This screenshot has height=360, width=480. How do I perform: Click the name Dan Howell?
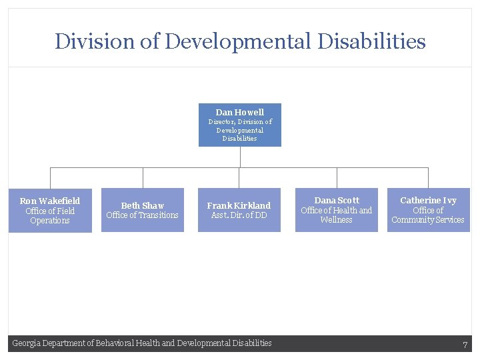pyautogui.click(x=239, y=113)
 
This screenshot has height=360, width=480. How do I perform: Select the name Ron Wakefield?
pyautogui.click(x=50, y=201)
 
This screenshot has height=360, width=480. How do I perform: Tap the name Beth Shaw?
pyautogui.click(x=143, y=205)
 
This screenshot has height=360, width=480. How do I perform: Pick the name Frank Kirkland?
pyautogui.click(x=239, y=205)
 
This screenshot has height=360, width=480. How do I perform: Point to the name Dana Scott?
pyautogui.click(x=337, y=200)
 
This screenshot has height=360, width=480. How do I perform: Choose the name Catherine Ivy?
pyautogui.click(x=428, y=200)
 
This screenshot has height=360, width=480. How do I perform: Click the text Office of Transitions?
pyautogui.click(x=143, y=215)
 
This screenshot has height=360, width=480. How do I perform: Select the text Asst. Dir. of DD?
pyautogui.click(x=239, y=215)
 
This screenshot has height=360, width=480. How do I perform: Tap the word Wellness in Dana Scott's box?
pyautogui.click(x=337, y=220)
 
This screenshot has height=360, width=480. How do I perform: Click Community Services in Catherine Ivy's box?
pyautogui.click(x=428, y=220)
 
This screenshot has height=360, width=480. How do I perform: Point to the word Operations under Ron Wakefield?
pyautogui.click(x=50, y=221)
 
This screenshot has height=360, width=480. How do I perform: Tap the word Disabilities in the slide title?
pyautogui.click(x=371, y=41)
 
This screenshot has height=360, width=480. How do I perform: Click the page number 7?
pyautogui.click(x=465, y=345)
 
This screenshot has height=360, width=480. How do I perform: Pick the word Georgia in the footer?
pyautogui.click(x=27, y=343)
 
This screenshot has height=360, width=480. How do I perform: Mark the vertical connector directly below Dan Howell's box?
pyautogui.click(x=240, y=157)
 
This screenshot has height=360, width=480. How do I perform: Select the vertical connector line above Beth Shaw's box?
pyautogui.click(x=143, y=177)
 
